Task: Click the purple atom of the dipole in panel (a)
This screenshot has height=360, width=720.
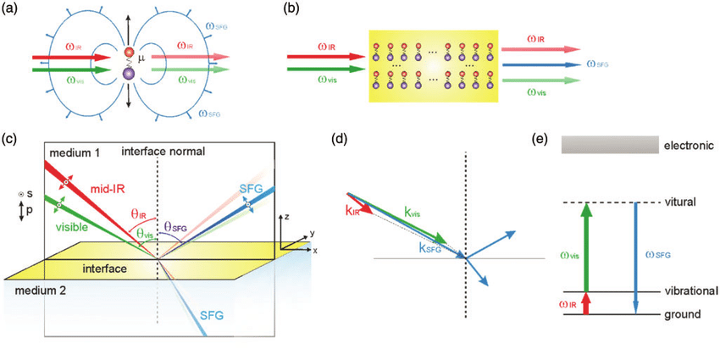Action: (x=129, y=75)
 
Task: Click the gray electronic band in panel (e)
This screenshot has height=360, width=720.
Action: (x=609, y=146)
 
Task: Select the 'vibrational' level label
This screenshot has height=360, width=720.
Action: (x=688, y=291)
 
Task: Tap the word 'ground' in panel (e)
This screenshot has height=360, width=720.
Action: (x=682, y=314)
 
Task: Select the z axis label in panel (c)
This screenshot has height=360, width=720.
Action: (x=288, y=217)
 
